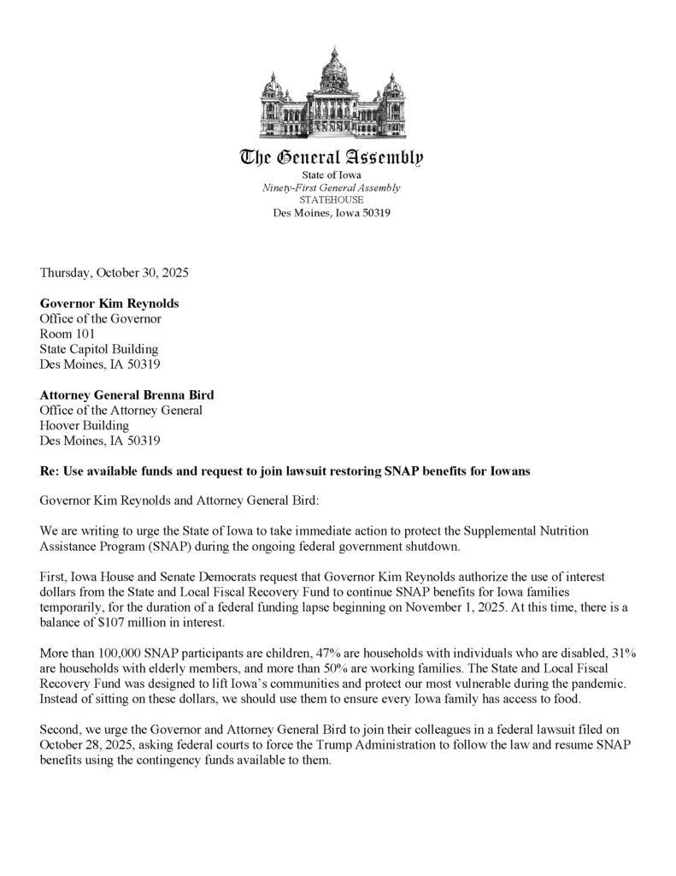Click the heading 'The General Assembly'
click(x=332, y=157)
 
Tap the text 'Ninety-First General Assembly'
click(x=331, y=187)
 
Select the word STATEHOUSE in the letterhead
click(x=331, y=199)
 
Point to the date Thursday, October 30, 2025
click(x=114, y=274)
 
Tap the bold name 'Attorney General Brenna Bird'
click(x=127, y=394)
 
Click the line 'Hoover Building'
click(x=85, y=425)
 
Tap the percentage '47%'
click(x=312, y=653)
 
